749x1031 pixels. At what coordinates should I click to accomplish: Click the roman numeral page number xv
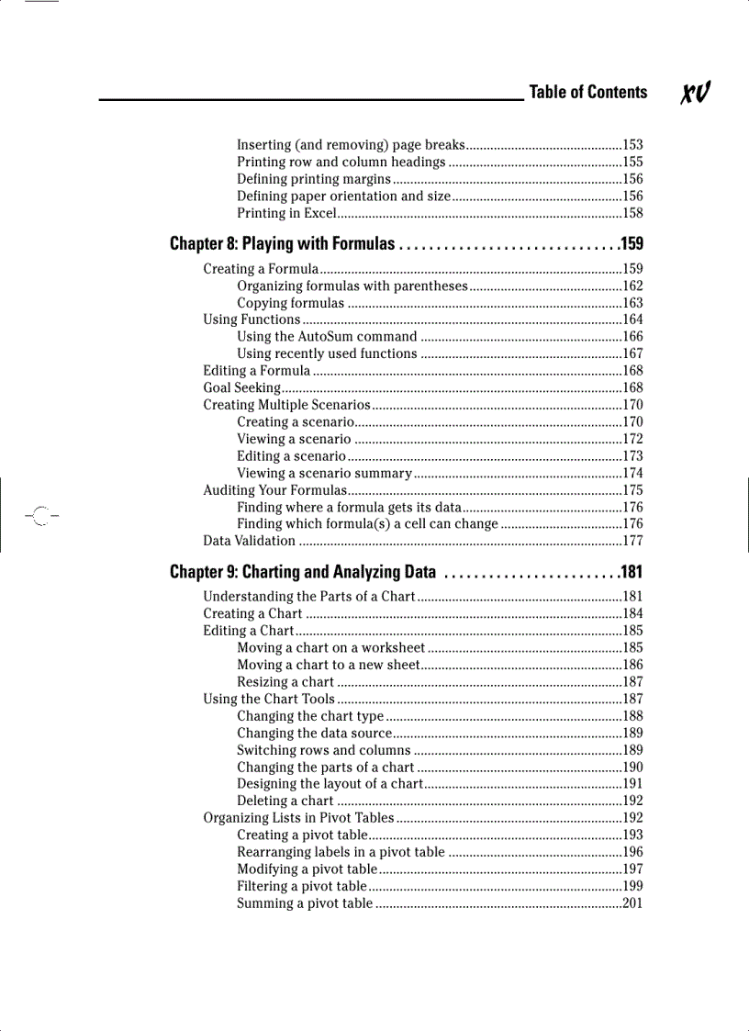(696, 93)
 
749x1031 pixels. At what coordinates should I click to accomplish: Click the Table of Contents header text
(587, 92)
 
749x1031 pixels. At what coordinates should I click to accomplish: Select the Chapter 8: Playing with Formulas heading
(283, 244)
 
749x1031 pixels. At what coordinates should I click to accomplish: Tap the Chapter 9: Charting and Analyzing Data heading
(303, 573)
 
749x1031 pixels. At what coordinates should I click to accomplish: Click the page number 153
(632, 145)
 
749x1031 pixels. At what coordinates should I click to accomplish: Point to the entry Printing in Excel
(286, 214)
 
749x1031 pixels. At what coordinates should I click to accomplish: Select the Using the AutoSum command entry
(327, 337)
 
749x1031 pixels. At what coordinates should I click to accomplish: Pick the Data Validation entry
(249, 542)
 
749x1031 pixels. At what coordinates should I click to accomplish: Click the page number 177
(632, 542)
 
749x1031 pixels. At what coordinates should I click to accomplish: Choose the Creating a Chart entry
(252, 614)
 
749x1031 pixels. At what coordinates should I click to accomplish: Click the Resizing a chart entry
(285, 682)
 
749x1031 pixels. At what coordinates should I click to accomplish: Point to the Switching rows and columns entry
(323, 750)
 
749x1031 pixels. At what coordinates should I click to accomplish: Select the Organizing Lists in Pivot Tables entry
(298, 818)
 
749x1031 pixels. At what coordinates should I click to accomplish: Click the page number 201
(632, 904)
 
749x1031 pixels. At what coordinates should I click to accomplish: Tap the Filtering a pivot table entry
(302, 887)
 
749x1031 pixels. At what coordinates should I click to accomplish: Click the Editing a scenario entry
(291, 456)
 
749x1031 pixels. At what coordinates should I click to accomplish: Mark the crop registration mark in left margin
(37, 516)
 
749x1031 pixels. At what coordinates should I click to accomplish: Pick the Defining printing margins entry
(314, 180)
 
